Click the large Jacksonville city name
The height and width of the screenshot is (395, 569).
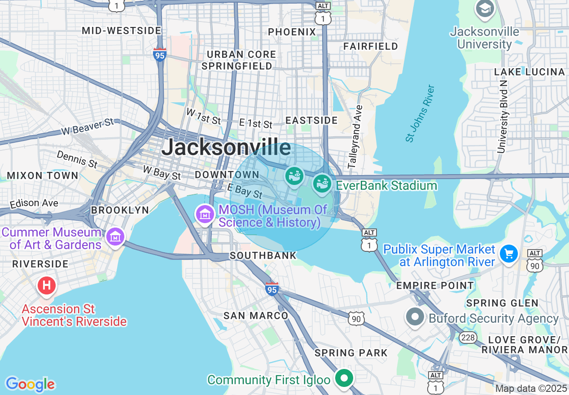226,147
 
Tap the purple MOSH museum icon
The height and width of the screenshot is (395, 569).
205,214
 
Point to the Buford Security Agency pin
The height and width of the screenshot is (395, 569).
415,317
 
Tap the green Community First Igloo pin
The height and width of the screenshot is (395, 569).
344,378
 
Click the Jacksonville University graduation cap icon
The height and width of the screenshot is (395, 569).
485,9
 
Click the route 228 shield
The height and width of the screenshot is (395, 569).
468,338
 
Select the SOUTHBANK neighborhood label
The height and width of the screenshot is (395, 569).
263,255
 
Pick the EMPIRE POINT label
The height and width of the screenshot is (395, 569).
435,285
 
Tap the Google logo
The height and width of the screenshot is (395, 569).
30,384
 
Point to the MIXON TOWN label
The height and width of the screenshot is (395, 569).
42,176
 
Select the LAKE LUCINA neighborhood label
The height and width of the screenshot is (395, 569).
529,72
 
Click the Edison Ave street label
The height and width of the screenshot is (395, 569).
34,203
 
